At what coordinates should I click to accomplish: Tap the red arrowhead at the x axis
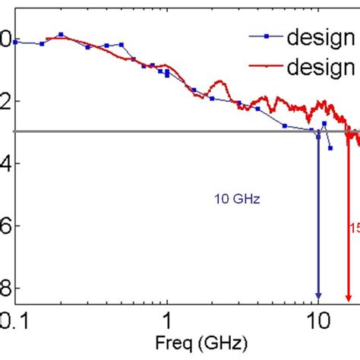[x=348, y=296]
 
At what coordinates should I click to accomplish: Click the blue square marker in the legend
[x=266, y=36]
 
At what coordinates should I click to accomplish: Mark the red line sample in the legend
[x=266, y=68]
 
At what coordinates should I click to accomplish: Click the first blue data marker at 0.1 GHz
[x=16, y=42]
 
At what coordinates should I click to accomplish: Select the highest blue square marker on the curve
[x=61, y=34]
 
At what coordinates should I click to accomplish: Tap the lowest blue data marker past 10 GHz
[x=330, y=148]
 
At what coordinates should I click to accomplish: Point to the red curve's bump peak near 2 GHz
[x=220, y=81]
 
